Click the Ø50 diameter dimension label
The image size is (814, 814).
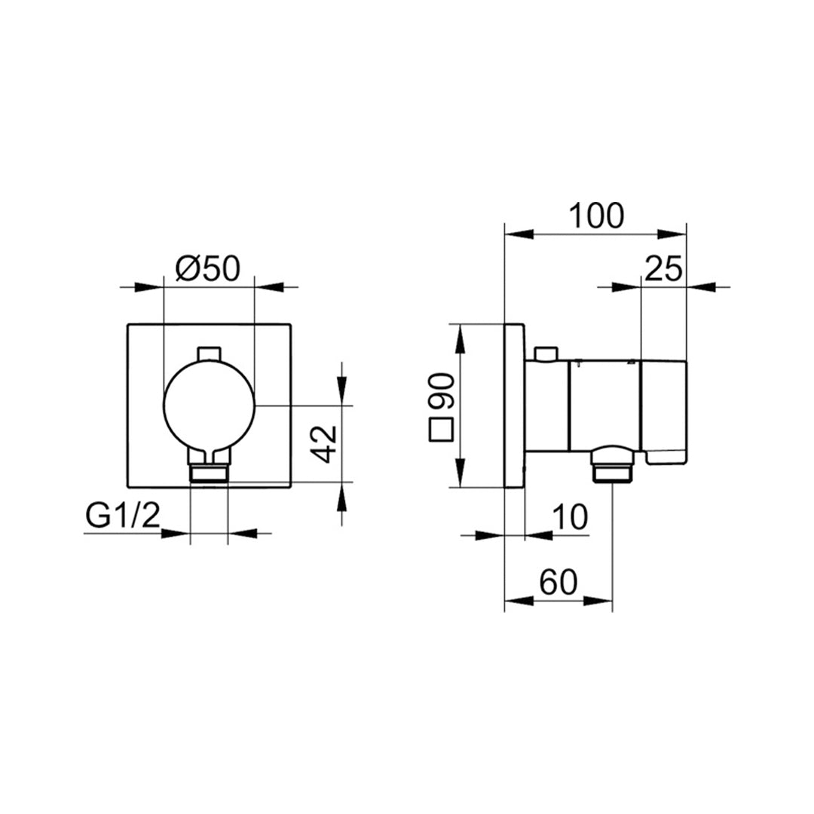click(x=207, y=269)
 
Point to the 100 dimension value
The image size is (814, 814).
click(x=596, y=216)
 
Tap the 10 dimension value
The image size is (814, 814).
click(x=570, y=518)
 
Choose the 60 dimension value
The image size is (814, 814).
click(x=558, y=583)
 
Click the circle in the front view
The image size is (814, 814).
click(x=209, y=405)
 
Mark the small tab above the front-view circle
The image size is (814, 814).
click(x=208, y=353)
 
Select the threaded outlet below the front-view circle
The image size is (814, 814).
click(x=209, y=473)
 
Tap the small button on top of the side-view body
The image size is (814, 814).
click(x=544, y=353)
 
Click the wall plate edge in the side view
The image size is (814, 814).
click(x=514, y=405)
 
